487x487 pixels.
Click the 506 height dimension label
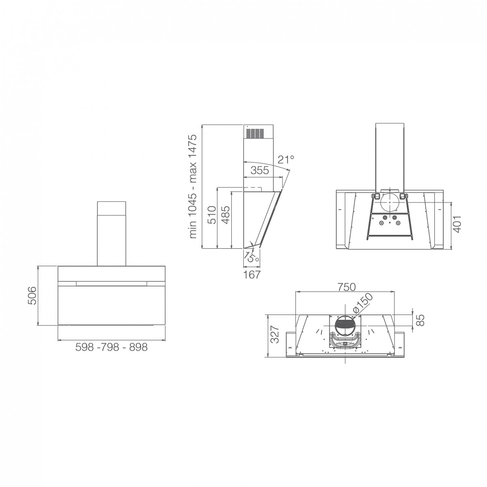tap(32, 295)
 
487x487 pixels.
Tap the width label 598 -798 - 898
tap(112, 347)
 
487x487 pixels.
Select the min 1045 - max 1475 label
tap(193, 187)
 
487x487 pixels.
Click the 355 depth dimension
tap(260, 170)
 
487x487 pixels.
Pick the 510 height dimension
tap(212, 215)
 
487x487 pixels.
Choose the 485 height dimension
tap(225, 215)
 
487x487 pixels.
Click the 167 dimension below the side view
tap(252, 275)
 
